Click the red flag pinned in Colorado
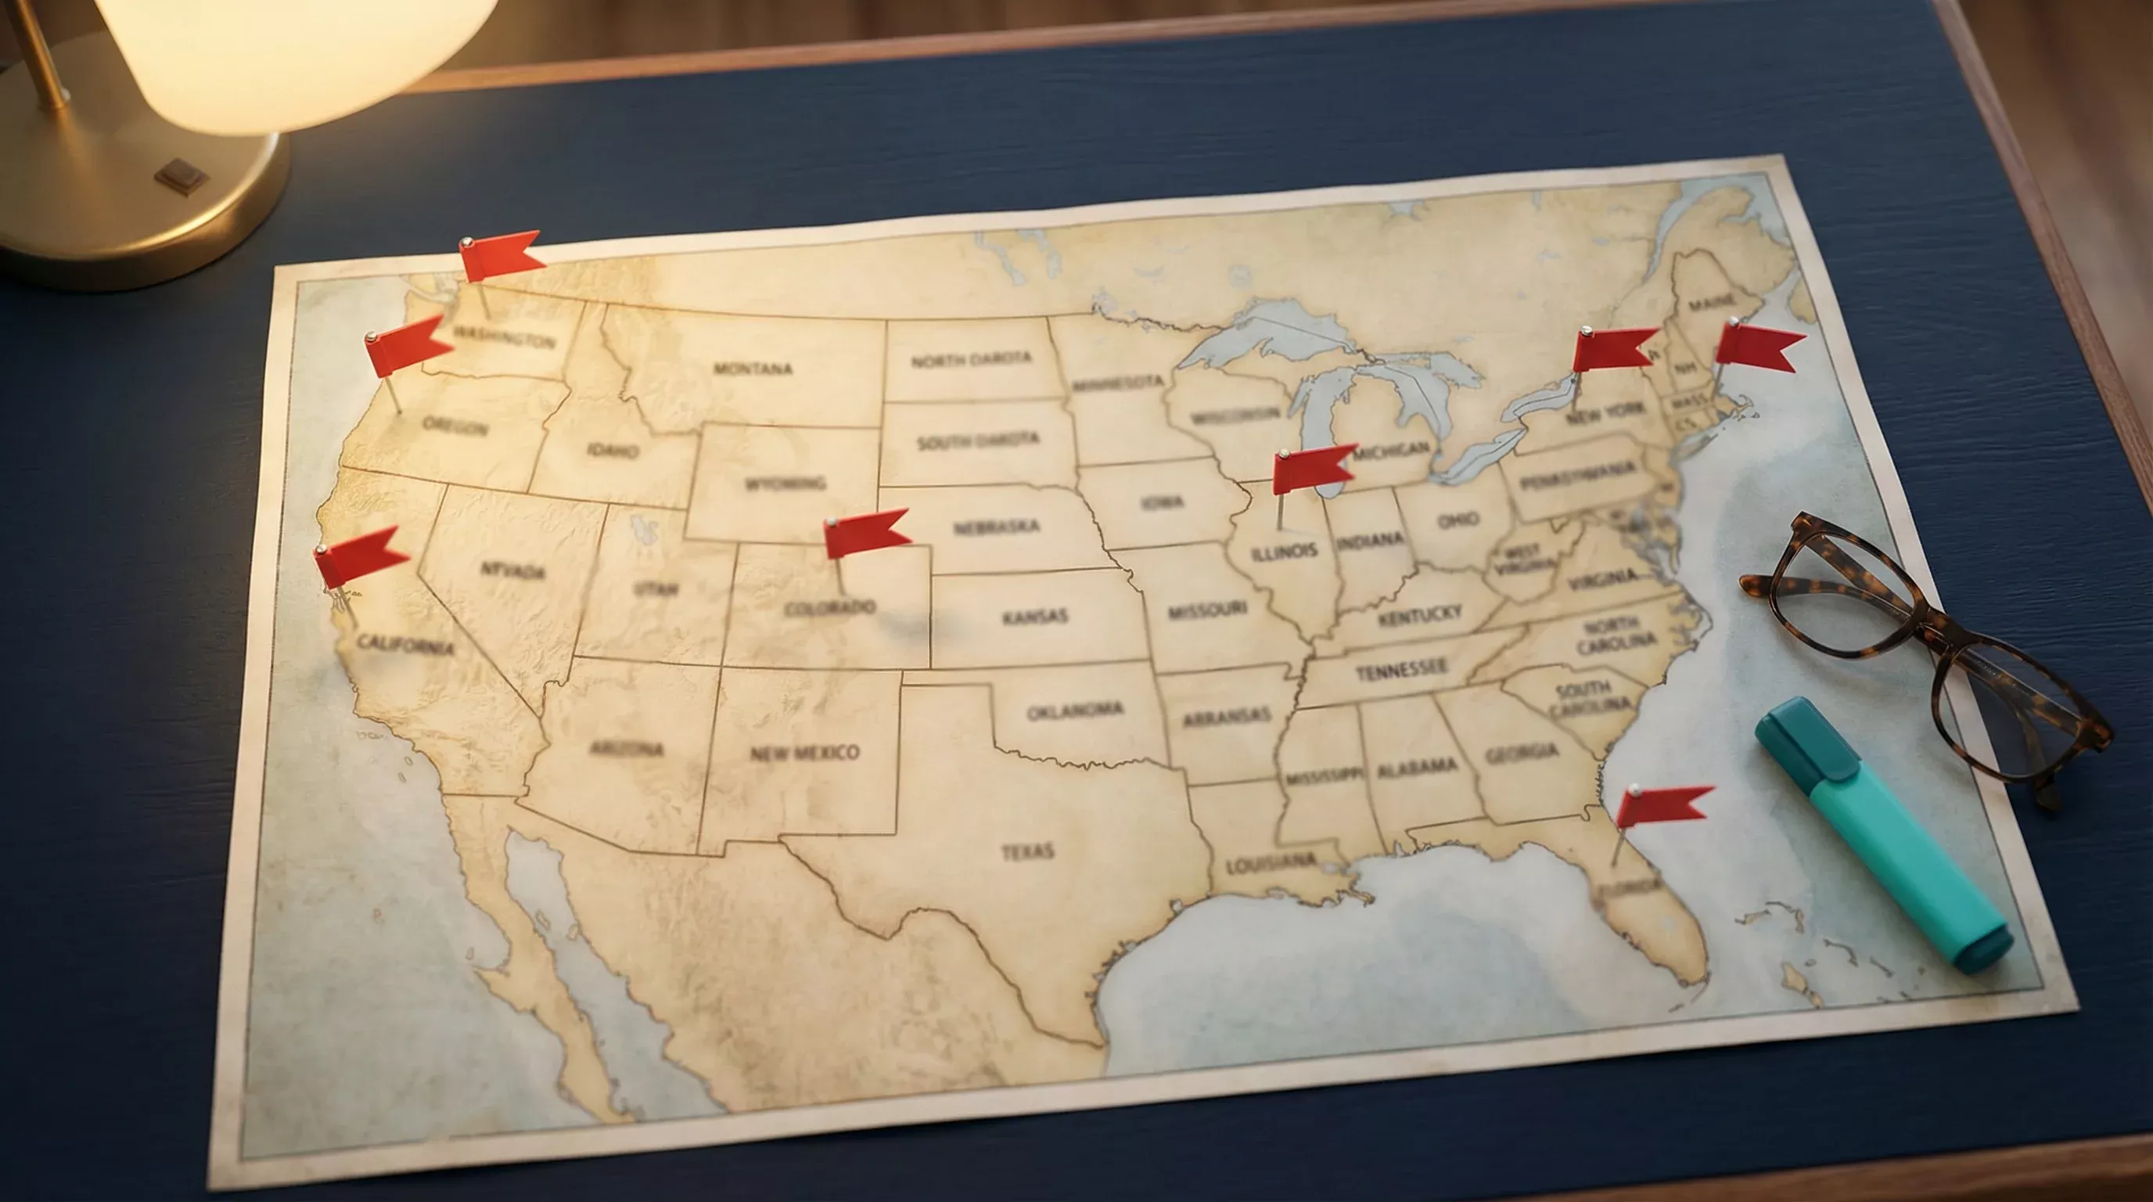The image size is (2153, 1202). click(866, 532)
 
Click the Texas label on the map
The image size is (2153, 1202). click(1027, 851)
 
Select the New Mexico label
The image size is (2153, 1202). click(804, 752)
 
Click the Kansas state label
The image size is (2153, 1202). click(1035, 617)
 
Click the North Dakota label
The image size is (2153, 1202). click(970, 359)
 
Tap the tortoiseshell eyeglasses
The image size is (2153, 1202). click(1922, 643)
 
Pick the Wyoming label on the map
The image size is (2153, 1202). click(785, 483)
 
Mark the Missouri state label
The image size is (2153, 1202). click(1207, 611)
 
